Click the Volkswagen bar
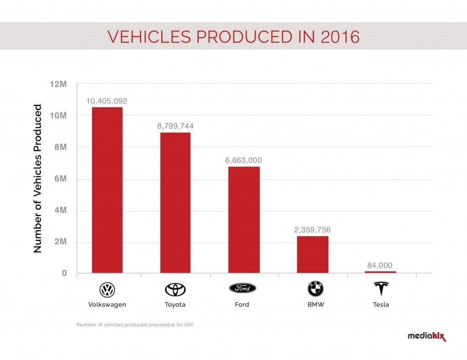tap(107, 190)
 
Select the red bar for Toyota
tap(176, 203)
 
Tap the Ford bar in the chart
tap(244, 220)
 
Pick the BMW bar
tap(312, 255)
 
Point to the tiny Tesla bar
tap(380, 272)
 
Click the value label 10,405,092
tap(107, 101)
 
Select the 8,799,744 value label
tap(176, 126)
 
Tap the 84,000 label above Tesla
tap(380, 265)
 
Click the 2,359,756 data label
tap(312, 230)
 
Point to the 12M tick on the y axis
tap(58, 84)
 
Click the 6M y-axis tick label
tap(61, 179)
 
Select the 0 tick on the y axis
tap(64, 273)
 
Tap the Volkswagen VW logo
tap(107, 289)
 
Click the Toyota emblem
tap(176, 289)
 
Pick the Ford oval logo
tap(243, 288)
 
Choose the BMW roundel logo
tap(316, 289)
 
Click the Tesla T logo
tap(381, 288)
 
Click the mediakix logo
tap(427, 336)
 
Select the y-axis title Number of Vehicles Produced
tap(37, 179)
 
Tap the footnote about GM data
tap(135, 324)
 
